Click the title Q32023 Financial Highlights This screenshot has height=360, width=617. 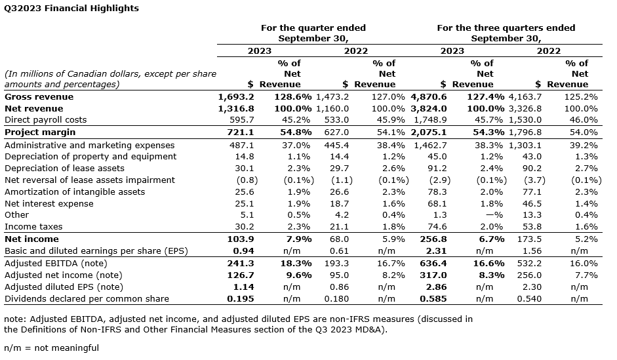[x=71, y=9]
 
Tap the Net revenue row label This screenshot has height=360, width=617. [x=33, y=108]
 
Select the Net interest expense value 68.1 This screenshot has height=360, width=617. [x=436, y=203]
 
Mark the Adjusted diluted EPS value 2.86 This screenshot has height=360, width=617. [x=436, y=287]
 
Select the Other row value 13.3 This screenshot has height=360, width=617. [x=532, y=214]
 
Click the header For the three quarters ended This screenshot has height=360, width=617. [x=506, y=28]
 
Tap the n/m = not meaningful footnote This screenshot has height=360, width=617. [x=51, y=348]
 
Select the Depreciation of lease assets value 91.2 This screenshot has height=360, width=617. [x=436, y=168]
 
